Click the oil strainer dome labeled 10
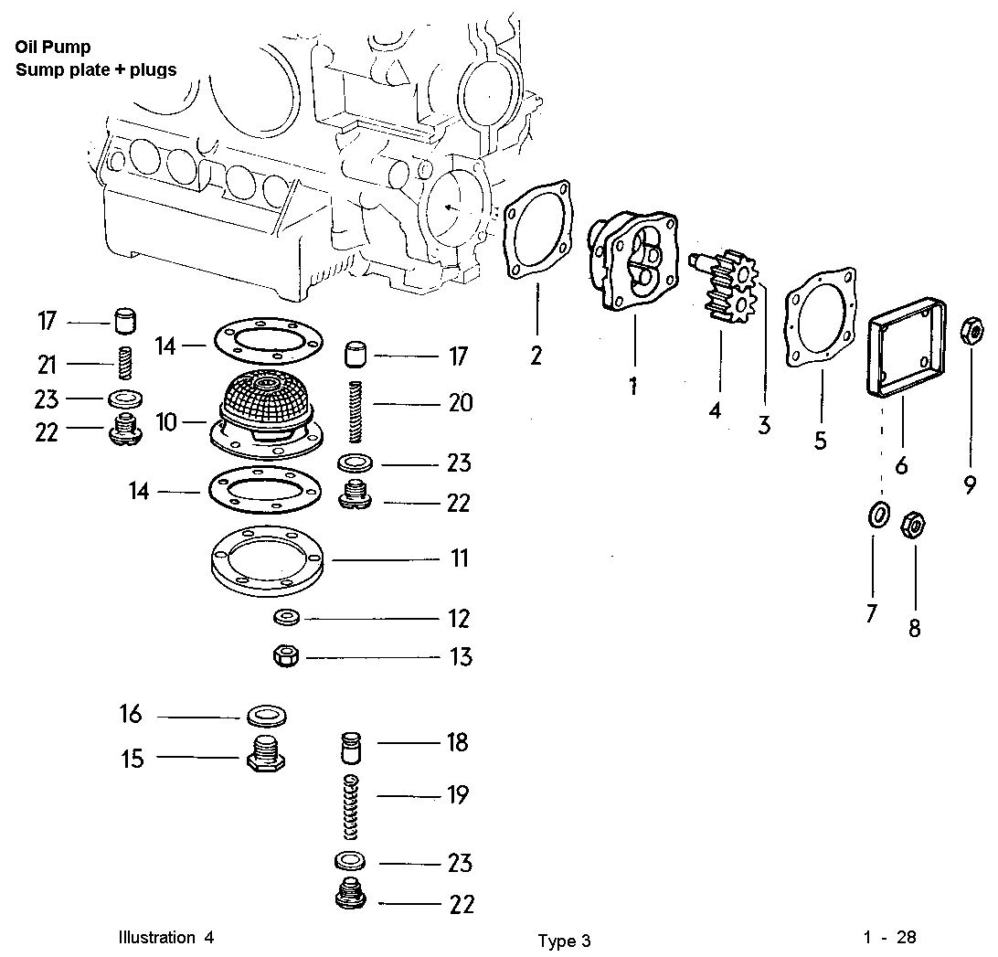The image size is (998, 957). [x=264, y=402]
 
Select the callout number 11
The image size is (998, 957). [x=460, y=558]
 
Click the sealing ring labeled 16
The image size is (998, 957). [x=263, y=714]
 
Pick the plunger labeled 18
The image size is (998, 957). [x=350, y=748]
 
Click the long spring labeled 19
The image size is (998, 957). [x=351, y=807]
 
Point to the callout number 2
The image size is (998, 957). [x=536, y=355]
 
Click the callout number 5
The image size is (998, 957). [x=821, y=440]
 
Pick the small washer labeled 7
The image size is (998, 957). [x=876, y=515]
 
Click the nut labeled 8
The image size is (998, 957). [x=913, y=526]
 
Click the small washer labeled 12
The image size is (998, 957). [x=286, y=619]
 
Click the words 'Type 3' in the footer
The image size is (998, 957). [x=564, y=941]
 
